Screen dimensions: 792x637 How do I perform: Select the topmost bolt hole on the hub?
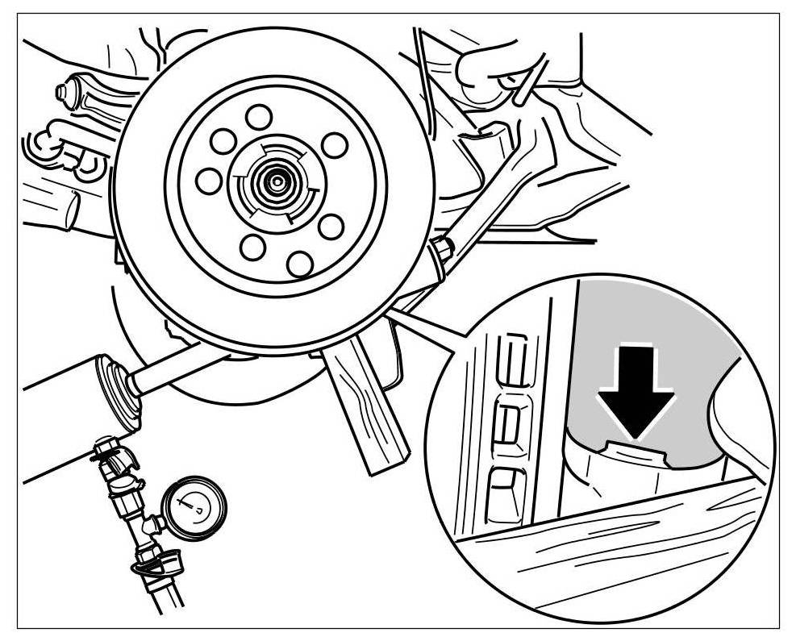pos(258,118)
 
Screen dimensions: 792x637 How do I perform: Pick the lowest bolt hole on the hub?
pos(299,262)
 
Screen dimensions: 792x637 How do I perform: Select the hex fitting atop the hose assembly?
pos(104,445)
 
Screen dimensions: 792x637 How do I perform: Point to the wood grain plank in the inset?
pos(613,548)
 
